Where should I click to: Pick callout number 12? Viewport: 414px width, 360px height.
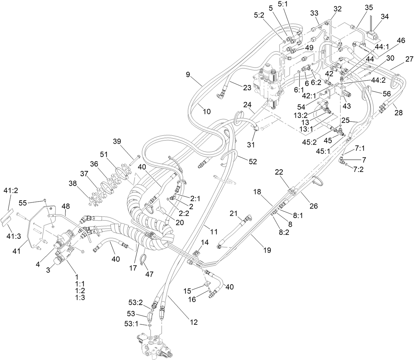point(194,322)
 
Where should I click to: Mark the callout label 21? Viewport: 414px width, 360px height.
point(233,214)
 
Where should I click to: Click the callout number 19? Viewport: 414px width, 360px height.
point(267,250)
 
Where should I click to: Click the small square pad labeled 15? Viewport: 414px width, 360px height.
point(207,283)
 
